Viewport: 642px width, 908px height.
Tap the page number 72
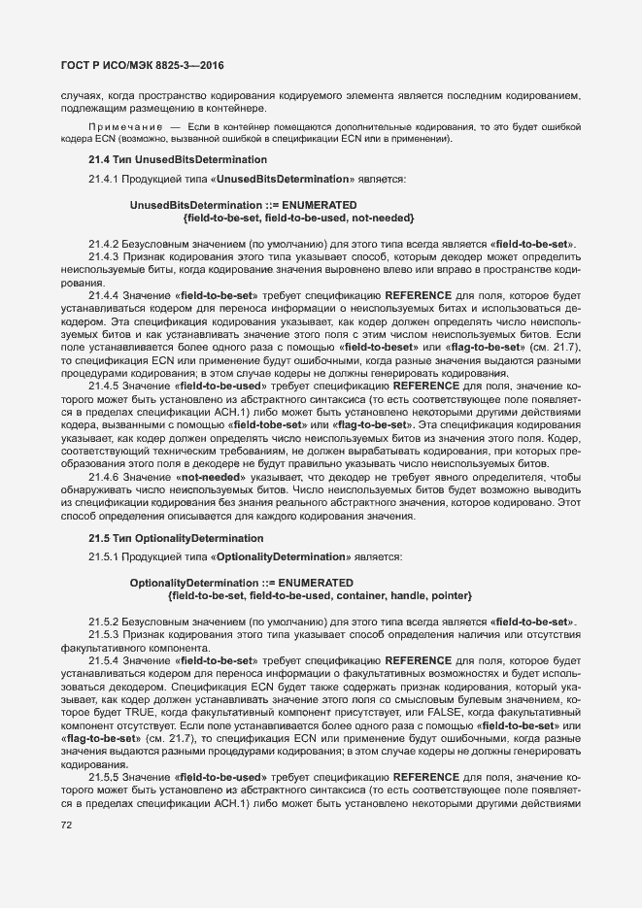coord(67,824)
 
